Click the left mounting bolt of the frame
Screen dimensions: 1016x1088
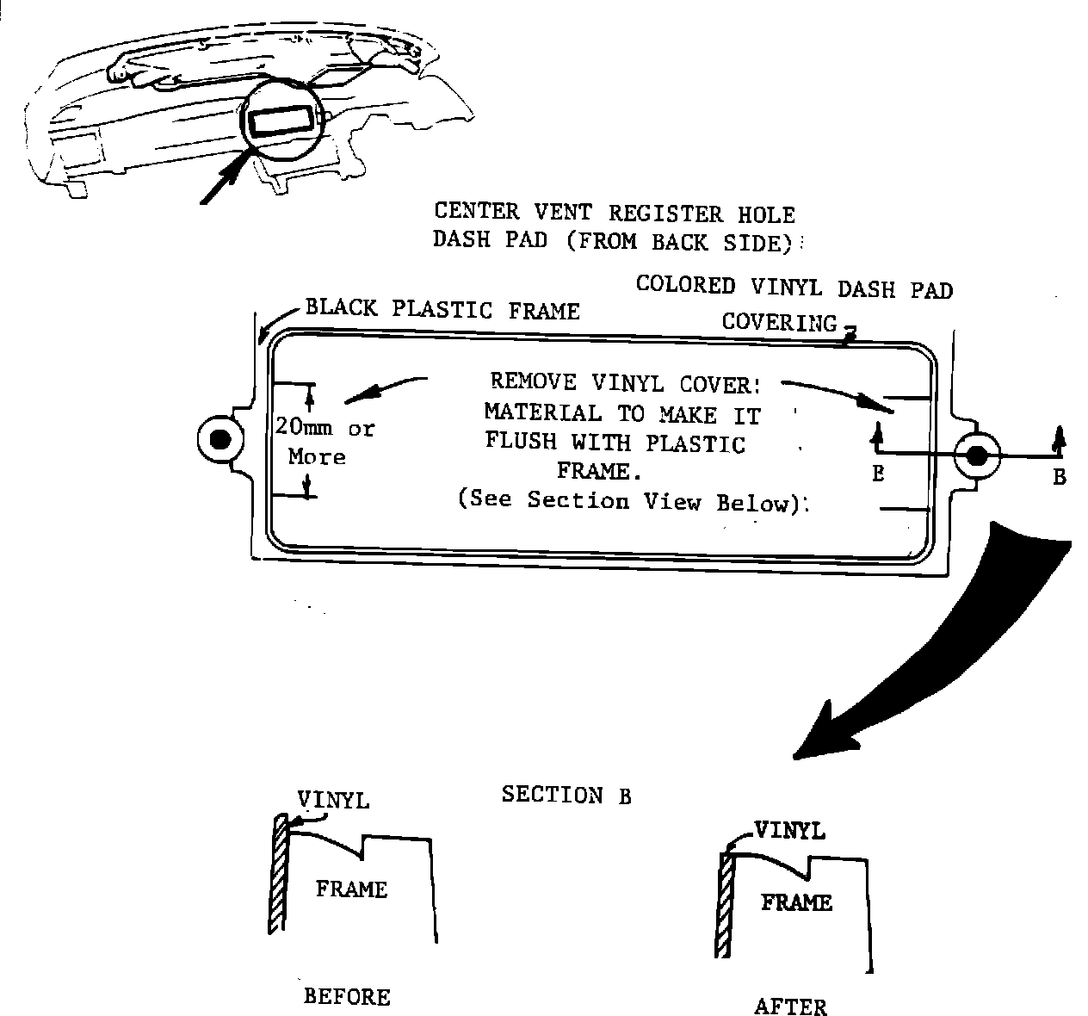[219, 439]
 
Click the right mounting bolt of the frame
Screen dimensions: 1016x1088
[976, 456]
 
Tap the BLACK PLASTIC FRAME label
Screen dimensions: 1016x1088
[442, 310]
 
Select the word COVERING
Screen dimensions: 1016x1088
[779, 322]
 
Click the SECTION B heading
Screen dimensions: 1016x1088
[566, 796]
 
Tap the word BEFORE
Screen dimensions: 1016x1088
[347, 997]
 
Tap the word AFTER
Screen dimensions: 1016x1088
[790, 1007]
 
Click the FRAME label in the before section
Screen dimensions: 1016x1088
[351, 889]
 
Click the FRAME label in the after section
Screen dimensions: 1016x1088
[796, 902]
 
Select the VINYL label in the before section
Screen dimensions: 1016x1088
[333, 800]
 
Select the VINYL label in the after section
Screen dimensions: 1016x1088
[789, 831]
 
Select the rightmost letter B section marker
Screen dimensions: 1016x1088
[1060, 477]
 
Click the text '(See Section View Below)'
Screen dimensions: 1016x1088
[633, 502]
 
